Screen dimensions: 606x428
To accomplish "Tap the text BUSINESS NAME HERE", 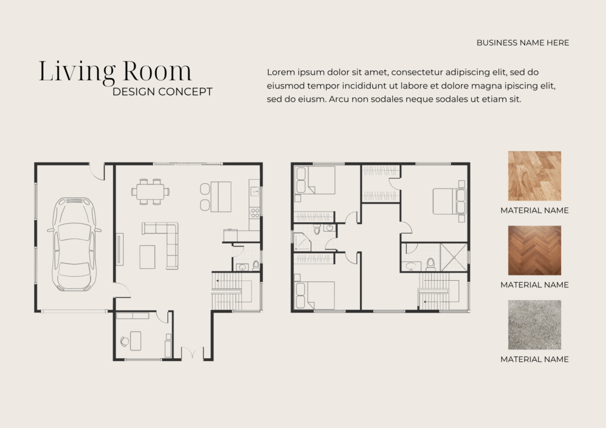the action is click(523, 43).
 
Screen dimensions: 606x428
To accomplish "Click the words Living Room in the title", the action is click(115, 71).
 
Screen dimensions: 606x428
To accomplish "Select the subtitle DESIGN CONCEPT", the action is click(162, 92).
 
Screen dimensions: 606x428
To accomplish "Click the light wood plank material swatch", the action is click(534, 176).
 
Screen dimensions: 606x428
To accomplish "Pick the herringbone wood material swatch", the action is click(534, 251).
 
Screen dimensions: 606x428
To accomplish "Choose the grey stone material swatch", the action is click(534, 325).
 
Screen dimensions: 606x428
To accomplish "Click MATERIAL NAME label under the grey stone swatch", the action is click(534, 359).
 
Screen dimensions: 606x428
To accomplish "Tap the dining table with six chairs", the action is click(150, 191).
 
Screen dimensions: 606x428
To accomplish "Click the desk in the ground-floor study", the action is click(136, 341).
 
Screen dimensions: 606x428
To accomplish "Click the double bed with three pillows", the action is click(449, 200).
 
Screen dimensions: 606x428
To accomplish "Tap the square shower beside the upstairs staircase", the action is click(454, 257).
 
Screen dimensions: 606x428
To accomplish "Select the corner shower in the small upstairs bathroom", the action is click(302, 242).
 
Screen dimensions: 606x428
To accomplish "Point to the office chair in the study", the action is click(124, 341).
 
